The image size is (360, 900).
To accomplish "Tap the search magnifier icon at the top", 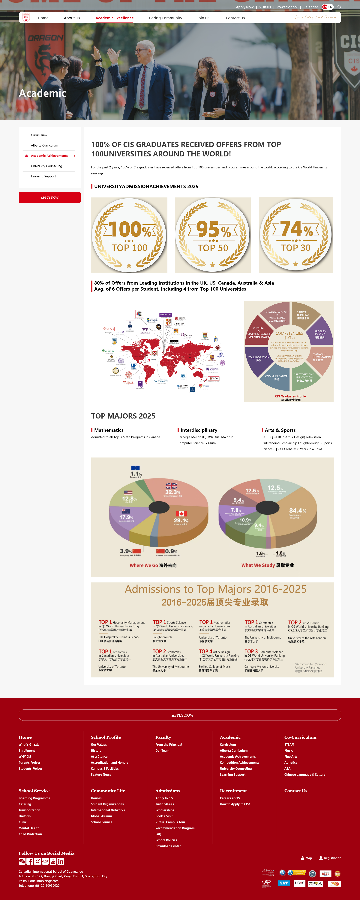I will pos(339,7).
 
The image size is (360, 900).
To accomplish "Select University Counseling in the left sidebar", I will pos(46,166).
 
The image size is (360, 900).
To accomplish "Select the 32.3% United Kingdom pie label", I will pos(173,492).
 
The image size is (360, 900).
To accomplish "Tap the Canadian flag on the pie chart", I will pos(181,513).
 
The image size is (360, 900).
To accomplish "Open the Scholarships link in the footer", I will pos(165,810).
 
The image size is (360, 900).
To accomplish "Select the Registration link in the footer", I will pos(332,858).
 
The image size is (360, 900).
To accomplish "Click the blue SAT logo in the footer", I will pos(283,883).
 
